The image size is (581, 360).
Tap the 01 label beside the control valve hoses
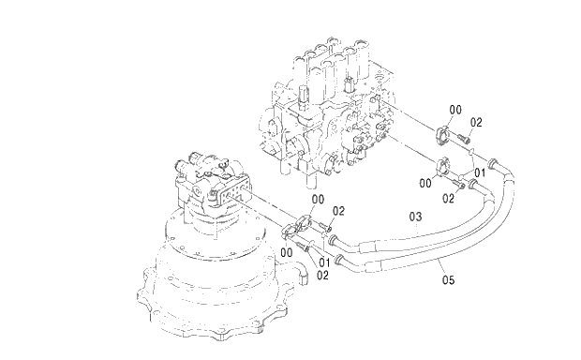478,172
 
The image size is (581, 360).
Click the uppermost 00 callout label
455,110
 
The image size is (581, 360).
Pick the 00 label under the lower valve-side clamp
425,183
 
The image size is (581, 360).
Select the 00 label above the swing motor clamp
318,199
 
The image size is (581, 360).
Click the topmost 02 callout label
476,123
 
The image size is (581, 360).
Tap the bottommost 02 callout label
321,276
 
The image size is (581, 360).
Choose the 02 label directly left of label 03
339,211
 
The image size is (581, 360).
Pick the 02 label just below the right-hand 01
448,198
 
